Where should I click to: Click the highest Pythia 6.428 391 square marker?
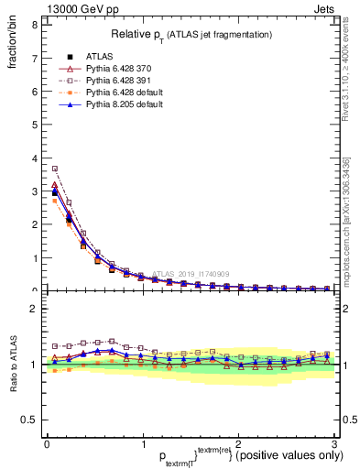click(x=55, y=169)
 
